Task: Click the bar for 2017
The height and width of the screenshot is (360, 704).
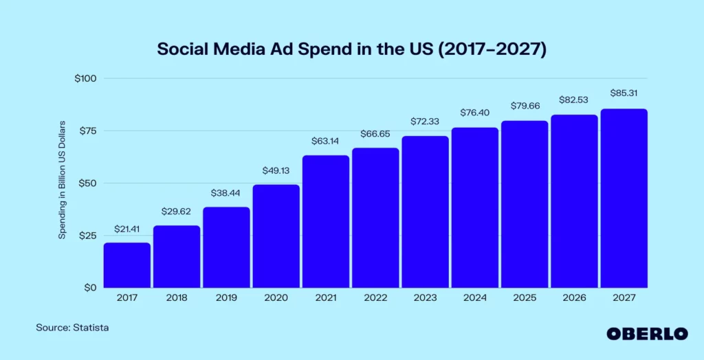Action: (127, 265)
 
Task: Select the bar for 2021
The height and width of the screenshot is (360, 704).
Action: (326, 221)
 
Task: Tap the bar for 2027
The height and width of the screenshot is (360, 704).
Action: (624, 198)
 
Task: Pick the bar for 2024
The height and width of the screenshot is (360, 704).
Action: (475, 207)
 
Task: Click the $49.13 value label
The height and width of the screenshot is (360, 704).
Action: (276, 170)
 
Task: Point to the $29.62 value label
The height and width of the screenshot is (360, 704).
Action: (177, 212)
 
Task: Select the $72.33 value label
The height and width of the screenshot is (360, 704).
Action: (425, 122)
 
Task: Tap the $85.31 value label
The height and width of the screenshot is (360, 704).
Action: (624, 93)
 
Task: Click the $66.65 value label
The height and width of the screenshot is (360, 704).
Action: (375, 133)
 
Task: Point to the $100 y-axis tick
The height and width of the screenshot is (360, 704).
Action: (85, 78)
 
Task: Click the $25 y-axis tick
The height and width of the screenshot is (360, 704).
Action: (87, 236)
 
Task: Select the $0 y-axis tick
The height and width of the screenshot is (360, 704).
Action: (90, 288)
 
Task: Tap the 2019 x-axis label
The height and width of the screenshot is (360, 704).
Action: (226, 298)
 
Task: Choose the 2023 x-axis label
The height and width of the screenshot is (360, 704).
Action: (425, 298)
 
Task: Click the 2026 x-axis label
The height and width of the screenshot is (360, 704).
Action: (574, 298)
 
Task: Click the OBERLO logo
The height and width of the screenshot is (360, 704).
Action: (647, 333)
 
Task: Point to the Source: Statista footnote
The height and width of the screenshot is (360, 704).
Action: (72, 328)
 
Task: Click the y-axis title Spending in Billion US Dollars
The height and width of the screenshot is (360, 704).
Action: (61, 180)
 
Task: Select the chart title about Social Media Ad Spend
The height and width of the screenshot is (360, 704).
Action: (351, 50)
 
